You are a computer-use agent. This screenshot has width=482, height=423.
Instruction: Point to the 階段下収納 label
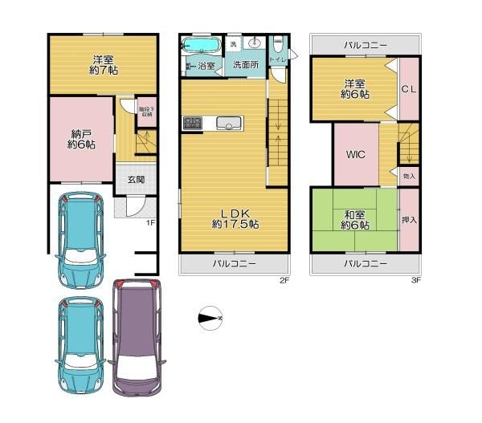(x=145, y=112)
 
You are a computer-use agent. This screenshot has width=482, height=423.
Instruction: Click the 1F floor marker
(x=149, y=222)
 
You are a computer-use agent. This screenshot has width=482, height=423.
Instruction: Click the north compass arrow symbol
(x=210, y=319)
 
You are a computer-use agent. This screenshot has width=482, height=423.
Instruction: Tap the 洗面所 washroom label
(x=245, y=66)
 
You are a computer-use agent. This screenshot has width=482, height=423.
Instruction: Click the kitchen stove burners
(x=193, y=123)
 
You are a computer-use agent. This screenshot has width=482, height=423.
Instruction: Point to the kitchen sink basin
(x=228, y=124)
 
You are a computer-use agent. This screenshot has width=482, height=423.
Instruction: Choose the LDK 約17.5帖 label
(x=235, y=219)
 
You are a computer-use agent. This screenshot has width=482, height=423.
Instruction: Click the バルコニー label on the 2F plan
(x=235, y=263)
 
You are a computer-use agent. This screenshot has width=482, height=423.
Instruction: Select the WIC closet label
(x=357, y=155)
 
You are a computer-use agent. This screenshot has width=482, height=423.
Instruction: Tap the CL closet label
(x=408, y=88)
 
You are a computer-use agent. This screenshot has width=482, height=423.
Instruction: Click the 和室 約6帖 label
(x=354, y=219)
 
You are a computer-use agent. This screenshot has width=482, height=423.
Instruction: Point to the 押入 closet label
(x=408, y=218)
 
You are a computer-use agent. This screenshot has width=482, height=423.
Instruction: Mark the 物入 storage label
(x=409, y=174)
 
